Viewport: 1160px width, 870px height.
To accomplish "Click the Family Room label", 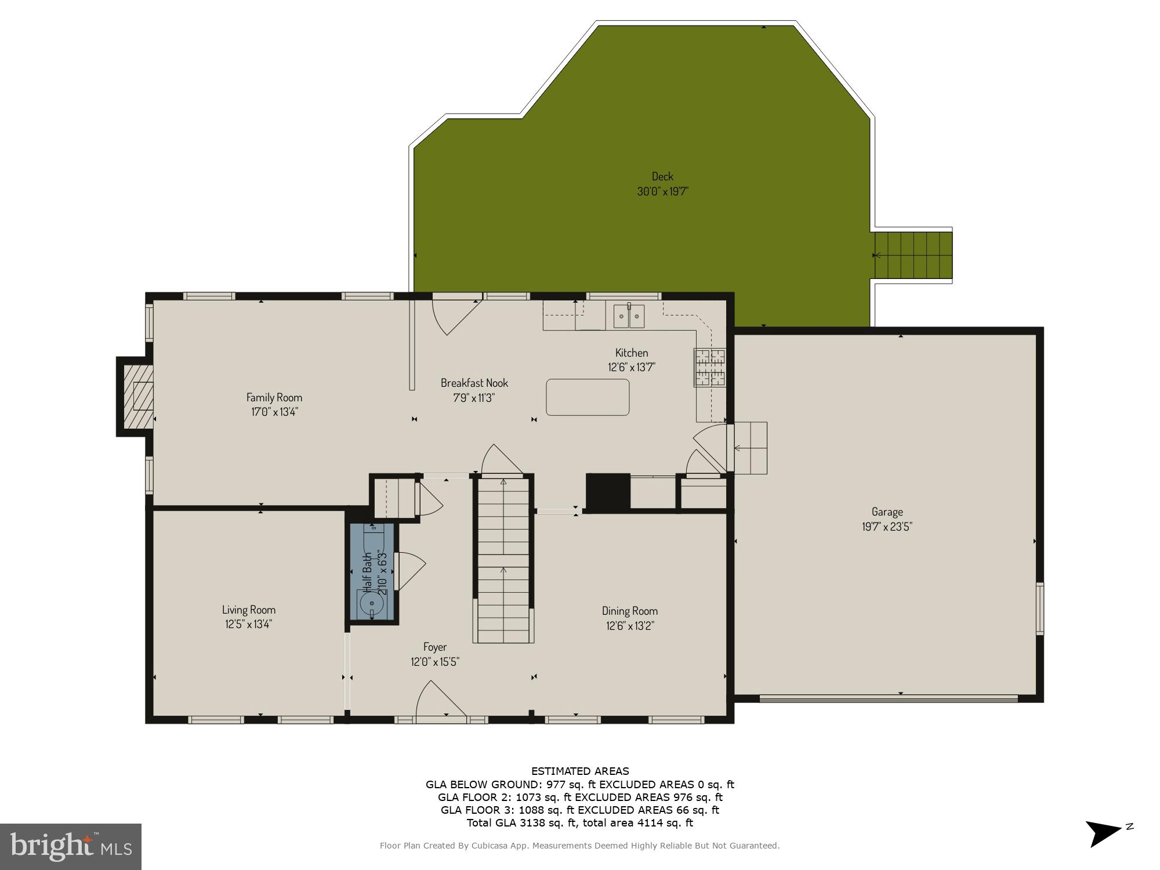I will click(x=274, y=397).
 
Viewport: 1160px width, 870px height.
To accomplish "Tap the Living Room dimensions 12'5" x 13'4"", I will click(x=249, y=624).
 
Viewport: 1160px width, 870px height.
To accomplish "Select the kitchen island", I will click(x=588, y=397).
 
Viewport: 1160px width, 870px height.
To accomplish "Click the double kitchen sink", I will click(x=629, y=317).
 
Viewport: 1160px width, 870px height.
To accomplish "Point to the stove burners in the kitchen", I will click(x=710, y=367).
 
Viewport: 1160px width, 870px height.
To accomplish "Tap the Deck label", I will click(x=662, y=176).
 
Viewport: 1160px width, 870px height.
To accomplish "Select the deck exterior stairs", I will click(x=913, y=255).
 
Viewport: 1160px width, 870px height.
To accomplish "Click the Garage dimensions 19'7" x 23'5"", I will click(x=887, y=527).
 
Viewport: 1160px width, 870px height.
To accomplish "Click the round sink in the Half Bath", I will click(x=372, y=604).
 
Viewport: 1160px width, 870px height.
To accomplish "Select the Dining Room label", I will click(x=629, y=611).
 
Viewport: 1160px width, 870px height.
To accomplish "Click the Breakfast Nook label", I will click(x=474, y=383).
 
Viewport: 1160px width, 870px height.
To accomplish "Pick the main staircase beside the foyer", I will click(x=503, y=560).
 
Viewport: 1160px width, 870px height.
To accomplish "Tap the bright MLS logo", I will click(x=70, y=846).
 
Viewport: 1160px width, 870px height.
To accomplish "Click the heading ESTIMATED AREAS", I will click(x=580, y=771).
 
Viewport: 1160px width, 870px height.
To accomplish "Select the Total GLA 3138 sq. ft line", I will click(x=580, y=822).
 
